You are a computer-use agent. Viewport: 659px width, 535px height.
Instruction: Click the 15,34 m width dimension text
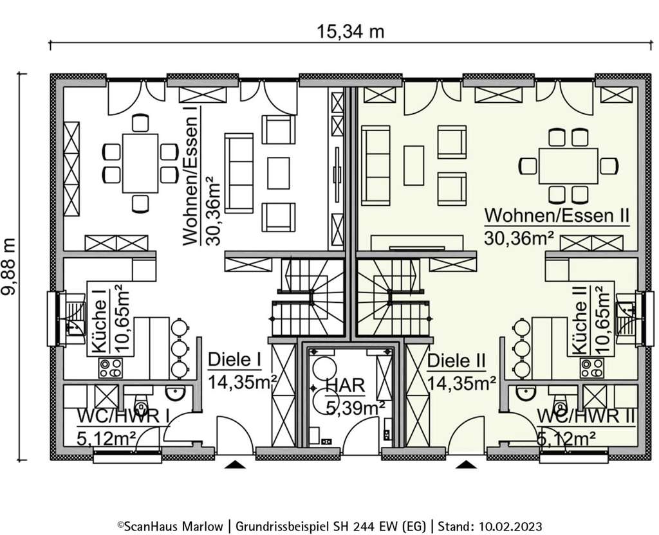(350, 30)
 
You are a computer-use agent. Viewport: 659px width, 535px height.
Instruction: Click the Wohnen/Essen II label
(557, 215)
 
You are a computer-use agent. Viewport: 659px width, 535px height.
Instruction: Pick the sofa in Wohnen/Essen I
(239, 173)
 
